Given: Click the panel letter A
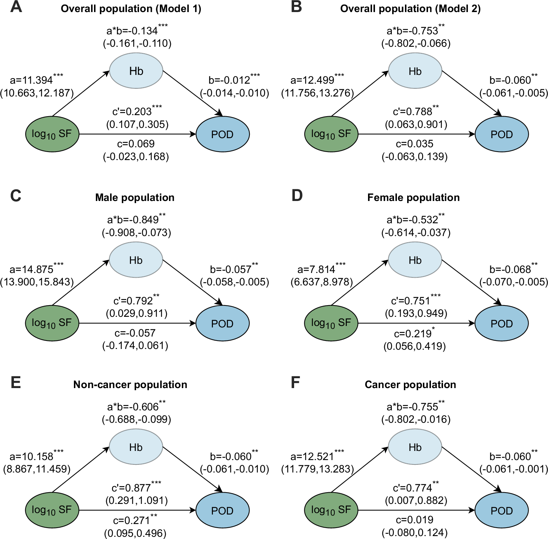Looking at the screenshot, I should pos(16,7).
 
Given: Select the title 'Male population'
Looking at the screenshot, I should pos(135,198).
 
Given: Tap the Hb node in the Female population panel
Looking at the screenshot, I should pos(415,260).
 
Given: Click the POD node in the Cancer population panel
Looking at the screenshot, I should pos(501,510).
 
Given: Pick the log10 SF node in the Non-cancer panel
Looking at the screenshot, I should pos(52,510).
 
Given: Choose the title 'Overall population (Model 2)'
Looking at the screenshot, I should pos(410,9).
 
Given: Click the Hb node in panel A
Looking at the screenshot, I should pos(136,71).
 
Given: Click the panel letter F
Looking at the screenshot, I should pos(295,383).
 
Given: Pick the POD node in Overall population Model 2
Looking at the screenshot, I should pos(501,134).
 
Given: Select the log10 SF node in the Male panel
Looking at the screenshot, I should pos(52,323).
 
